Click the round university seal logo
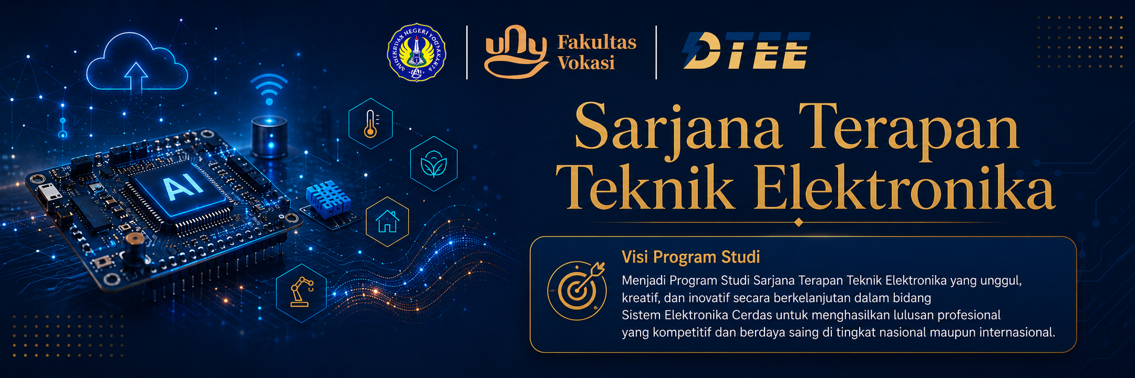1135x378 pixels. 416,52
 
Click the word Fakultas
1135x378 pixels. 597,42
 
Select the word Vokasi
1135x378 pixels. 586,63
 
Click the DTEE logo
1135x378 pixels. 746,51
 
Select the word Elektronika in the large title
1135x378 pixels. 904,187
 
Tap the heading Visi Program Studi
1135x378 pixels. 691,257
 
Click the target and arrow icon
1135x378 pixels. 577,290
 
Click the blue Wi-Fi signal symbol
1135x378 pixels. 269,89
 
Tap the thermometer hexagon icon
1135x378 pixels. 370,124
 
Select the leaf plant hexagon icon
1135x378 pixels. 434,163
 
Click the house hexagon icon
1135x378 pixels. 387,221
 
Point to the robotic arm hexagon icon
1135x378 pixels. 302,293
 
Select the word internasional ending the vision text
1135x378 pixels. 1016,332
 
